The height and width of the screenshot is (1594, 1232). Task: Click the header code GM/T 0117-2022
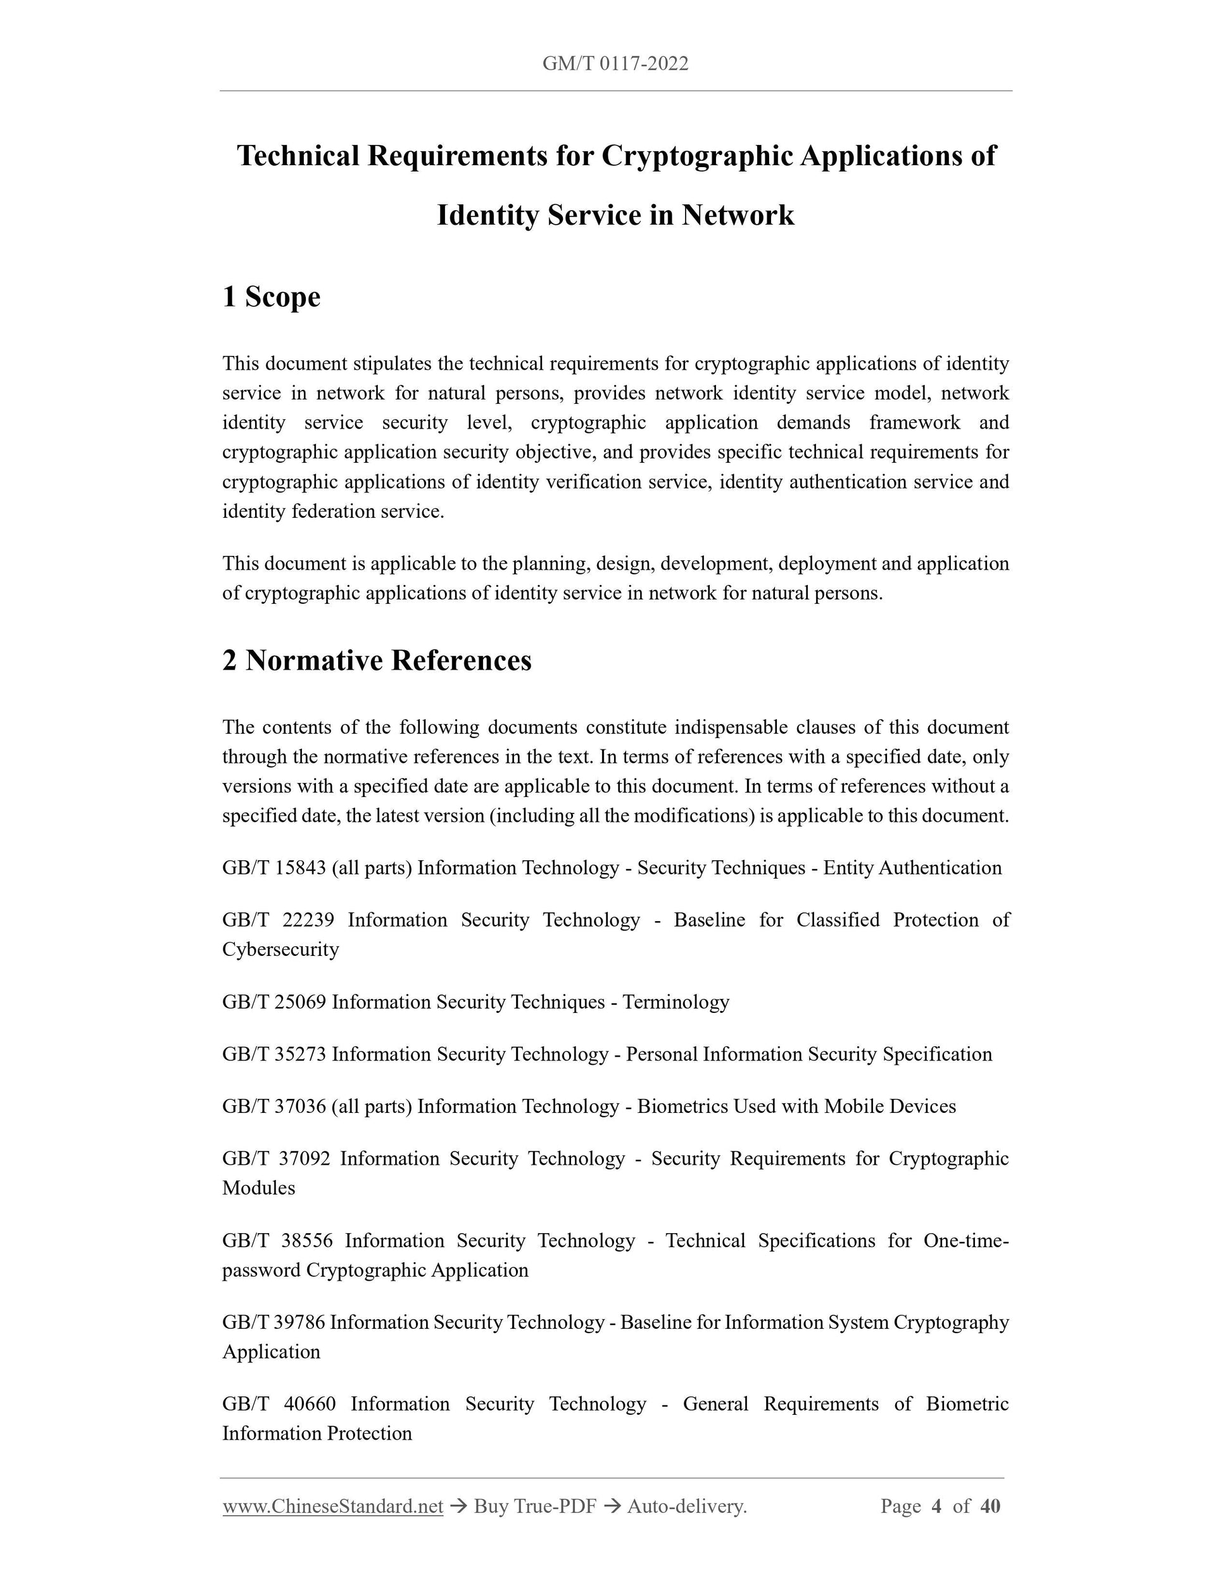pos(615,64)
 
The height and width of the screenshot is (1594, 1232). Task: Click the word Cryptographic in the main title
pos(697,156)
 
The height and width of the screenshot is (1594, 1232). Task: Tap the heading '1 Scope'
pos(272,297)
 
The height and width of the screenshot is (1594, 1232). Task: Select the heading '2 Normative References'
pos(377,660)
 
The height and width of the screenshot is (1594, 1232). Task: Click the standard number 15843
pos(300,868)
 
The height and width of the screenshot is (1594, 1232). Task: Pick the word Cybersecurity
pos(281,950)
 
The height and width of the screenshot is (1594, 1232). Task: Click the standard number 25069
pos(300,1002)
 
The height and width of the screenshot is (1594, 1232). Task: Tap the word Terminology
pos(676,1002)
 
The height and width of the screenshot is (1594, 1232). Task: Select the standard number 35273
pos(300,1055)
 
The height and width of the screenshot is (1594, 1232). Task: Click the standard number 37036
pos(300,1107)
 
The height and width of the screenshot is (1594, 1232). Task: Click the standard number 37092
pos(305,1159)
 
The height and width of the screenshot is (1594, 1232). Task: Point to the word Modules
pos(259,1188)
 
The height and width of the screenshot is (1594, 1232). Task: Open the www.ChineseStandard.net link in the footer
pos(333,1507)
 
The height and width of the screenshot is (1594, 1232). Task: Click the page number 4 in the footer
pos(936,1507)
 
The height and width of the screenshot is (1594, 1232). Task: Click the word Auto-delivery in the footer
pos(686,1507)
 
